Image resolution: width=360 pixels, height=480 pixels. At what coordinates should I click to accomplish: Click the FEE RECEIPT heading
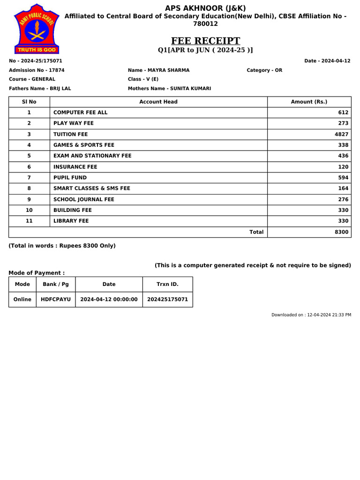click(x=205, y=41)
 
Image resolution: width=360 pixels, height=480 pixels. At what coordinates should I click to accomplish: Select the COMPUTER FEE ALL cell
click(x=81, y=112)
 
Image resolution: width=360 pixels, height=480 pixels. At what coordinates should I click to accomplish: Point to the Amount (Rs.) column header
click(x=309, y=102)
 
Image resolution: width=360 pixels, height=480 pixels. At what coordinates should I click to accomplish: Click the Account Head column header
click(x=158, y=102)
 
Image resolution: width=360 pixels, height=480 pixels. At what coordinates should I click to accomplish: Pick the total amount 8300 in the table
click(x=342, y=232)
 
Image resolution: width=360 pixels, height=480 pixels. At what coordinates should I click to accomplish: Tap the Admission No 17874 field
click(x=37, y=70)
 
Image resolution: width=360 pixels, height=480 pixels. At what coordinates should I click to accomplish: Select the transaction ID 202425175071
click(x=167, y=299)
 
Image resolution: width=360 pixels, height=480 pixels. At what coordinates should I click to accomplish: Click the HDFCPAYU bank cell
click(x=56, y=299)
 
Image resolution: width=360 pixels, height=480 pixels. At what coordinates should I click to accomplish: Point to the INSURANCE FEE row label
click(x=75, y=167)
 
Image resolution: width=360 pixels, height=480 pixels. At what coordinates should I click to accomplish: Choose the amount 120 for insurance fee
click(x=343, y=167)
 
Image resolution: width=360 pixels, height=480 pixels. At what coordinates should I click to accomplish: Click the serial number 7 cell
click(x=29, y=178)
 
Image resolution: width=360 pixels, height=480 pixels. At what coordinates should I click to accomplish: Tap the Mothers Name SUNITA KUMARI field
click(x=169, y=89)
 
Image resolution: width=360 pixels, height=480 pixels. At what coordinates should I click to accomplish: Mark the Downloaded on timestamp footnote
click(x=311, y=315)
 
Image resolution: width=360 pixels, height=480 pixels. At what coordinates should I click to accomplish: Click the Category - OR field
click(x=264, y=70)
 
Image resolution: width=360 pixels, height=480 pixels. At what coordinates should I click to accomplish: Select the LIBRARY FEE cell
click(x=71, y=221)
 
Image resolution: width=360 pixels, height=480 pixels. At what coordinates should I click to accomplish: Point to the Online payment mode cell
click(x=22, y=299)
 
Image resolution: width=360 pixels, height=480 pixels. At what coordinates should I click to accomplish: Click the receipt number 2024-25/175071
click(x=36, y=61)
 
